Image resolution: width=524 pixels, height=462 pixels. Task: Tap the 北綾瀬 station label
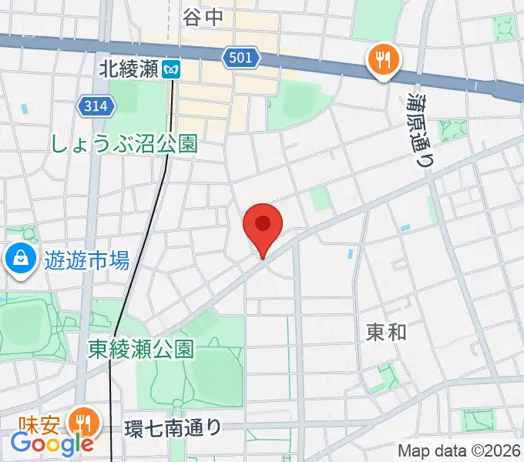(x=129, y=69)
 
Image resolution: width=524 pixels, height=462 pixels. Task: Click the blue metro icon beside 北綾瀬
(x=172, y=69)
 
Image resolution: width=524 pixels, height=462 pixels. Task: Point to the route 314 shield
(x=97, y=105)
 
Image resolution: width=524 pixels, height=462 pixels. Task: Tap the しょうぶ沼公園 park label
(x=125, y=142)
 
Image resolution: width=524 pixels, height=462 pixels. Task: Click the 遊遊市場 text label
(x=86, y=262)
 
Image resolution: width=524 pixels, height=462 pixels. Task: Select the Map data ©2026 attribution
(x=459, y=451)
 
